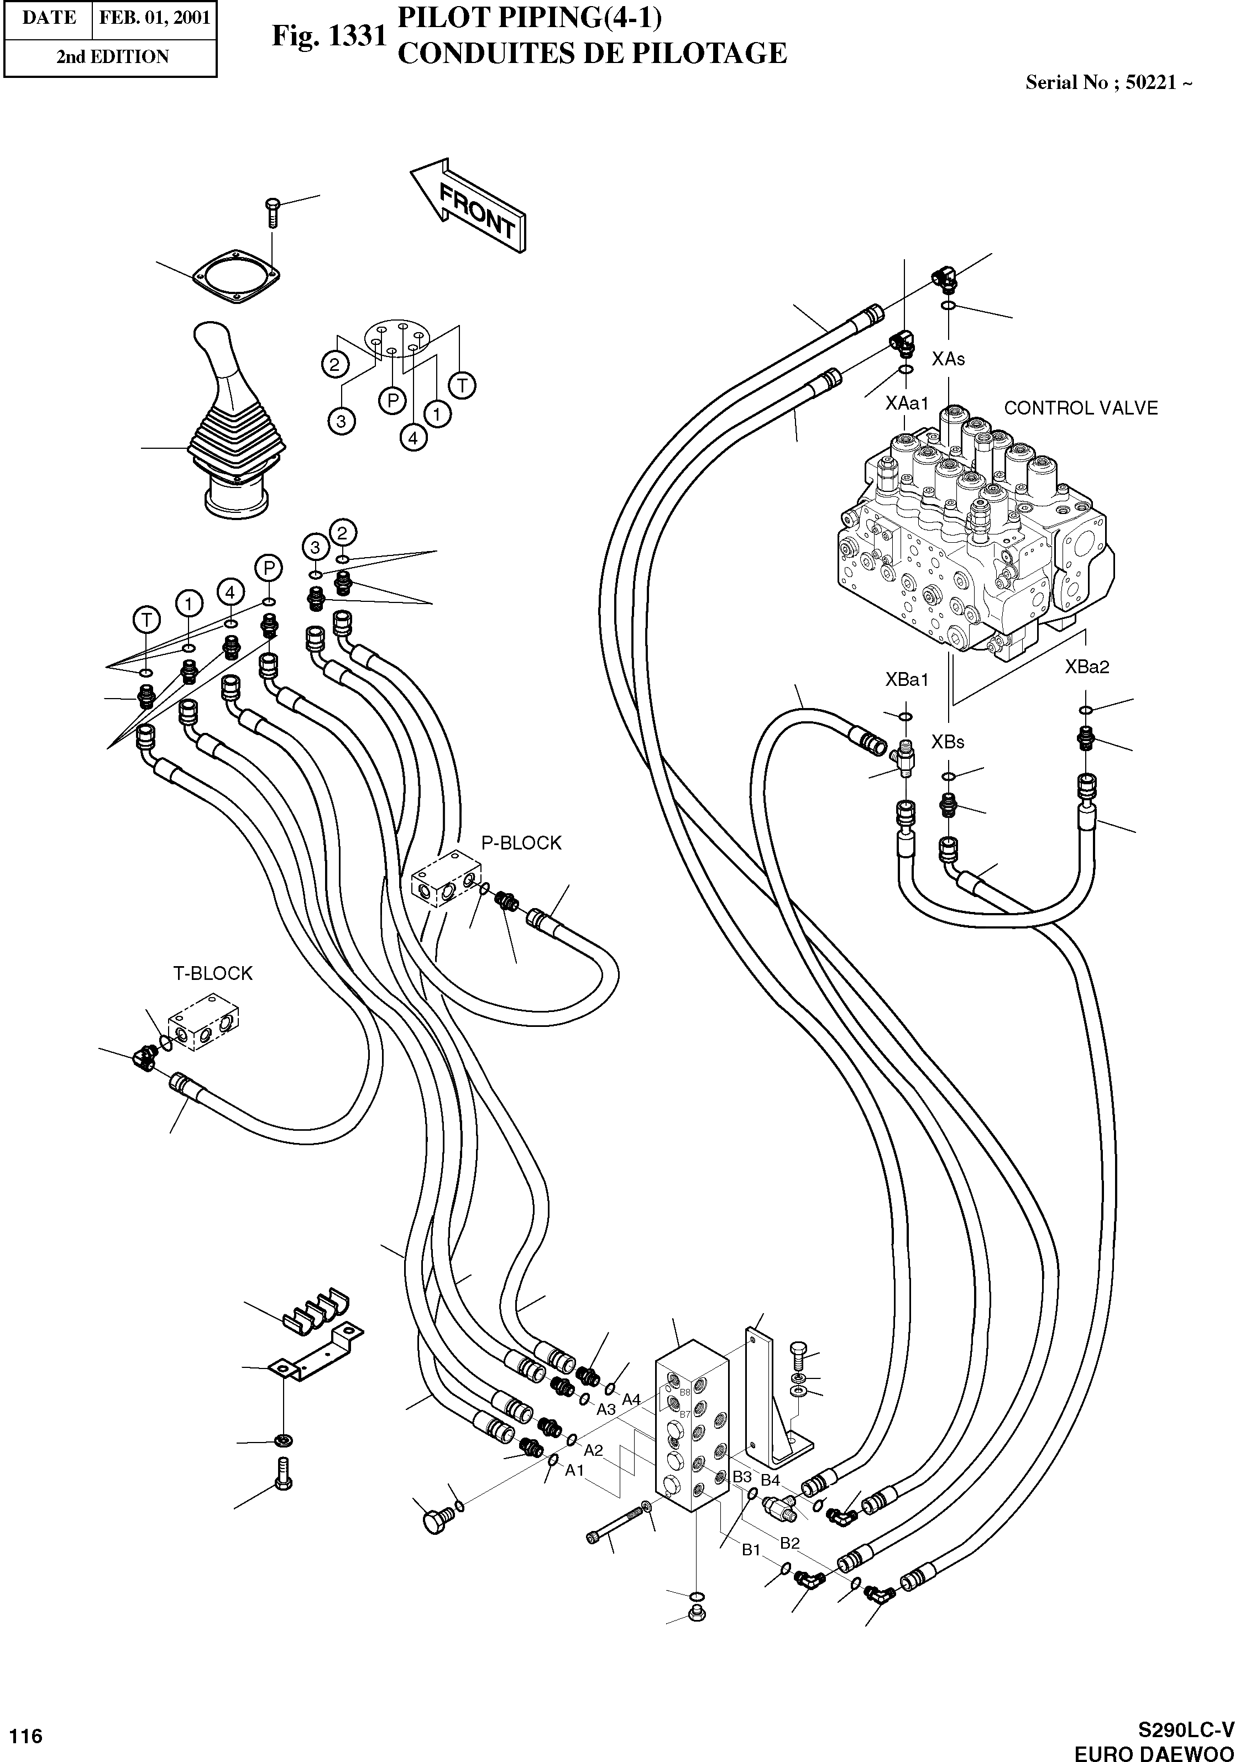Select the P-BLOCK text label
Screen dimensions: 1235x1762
(x=521, y=843)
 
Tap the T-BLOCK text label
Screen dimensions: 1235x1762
(x=213, y=974)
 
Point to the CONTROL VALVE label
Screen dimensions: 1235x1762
(x=1080, y=408)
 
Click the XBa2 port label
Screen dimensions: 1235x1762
(x=1087, y=667)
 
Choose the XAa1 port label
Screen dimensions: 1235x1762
(x=907, y=403)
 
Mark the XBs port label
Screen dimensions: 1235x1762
(x=948, y=742)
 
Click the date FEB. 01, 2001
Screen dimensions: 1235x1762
(x=155, y=18)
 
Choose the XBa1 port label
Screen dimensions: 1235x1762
(x=907, y=679)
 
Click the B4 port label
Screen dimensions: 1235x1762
(x=770, y=1480)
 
